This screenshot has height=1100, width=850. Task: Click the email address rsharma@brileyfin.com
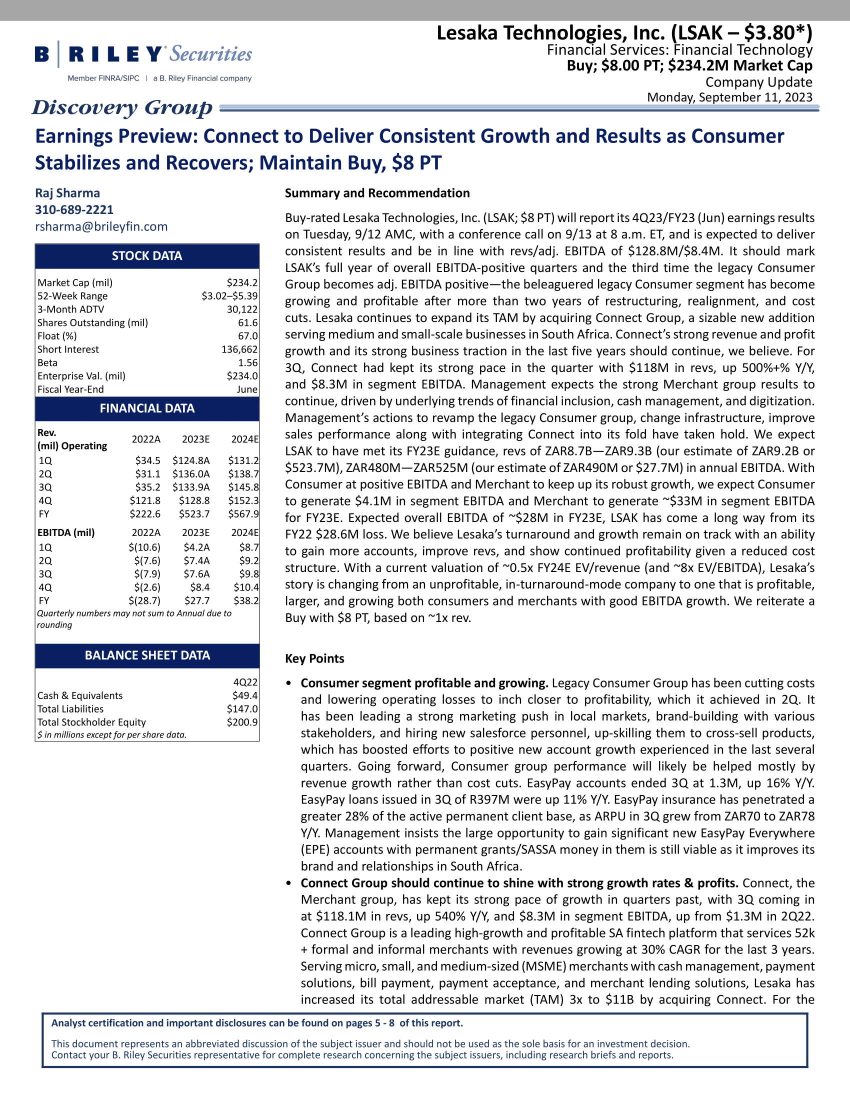(x=101, y=226)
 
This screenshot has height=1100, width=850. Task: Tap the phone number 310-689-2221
(x=74, y=209)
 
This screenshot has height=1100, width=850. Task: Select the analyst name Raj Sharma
(x=67, y=193)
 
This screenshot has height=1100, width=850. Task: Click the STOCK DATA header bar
(x=147, y=256)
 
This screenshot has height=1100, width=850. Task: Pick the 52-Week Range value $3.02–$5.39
(x=229, y=296)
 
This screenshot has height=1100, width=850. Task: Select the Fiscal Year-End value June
(x=247, y=389)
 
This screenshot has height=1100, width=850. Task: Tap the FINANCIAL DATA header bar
(x=147, y=408)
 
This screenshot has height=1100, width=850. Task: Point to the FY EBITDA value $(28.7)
(x=144, y=600)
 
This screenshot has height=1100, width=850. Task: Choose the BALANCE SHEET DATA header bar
(x=147, y=655)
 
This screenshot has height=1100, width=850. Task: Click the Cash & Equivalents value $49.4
(x=244, y=695)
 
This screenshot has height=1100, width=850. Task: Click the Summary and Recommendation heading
(x=377, y=193)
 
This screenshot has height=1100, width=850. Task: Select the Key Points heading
(x=314, y=659)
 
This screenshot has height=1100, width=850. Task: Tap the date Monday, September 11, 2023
(x=729, y=97)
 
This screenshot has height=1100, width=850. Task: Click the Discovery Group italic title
(x=122, y=107)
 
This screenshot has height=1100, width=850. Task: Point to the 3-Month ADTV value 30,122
(x=242, y=309)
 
